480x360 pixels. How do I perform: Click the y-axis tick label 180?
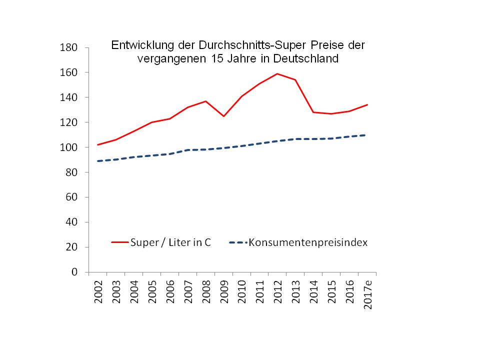69,48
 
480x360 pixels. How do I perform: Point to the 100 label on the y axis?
69,147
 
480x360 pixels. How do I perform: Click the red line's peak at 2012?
277,74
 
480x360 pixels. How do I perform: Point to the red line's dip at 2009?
223,116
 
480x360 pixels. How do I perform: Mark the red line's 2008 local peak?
205,101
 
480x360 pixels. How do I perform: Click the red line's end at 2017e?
367,104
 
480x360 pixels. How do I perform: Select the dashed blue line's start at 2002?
98,161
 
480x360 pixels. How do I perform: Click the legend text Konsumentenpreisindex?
308,242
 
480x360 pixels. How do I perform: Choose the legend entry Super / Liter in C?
170,242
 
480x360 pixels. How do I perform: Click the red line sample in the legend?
119,242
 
